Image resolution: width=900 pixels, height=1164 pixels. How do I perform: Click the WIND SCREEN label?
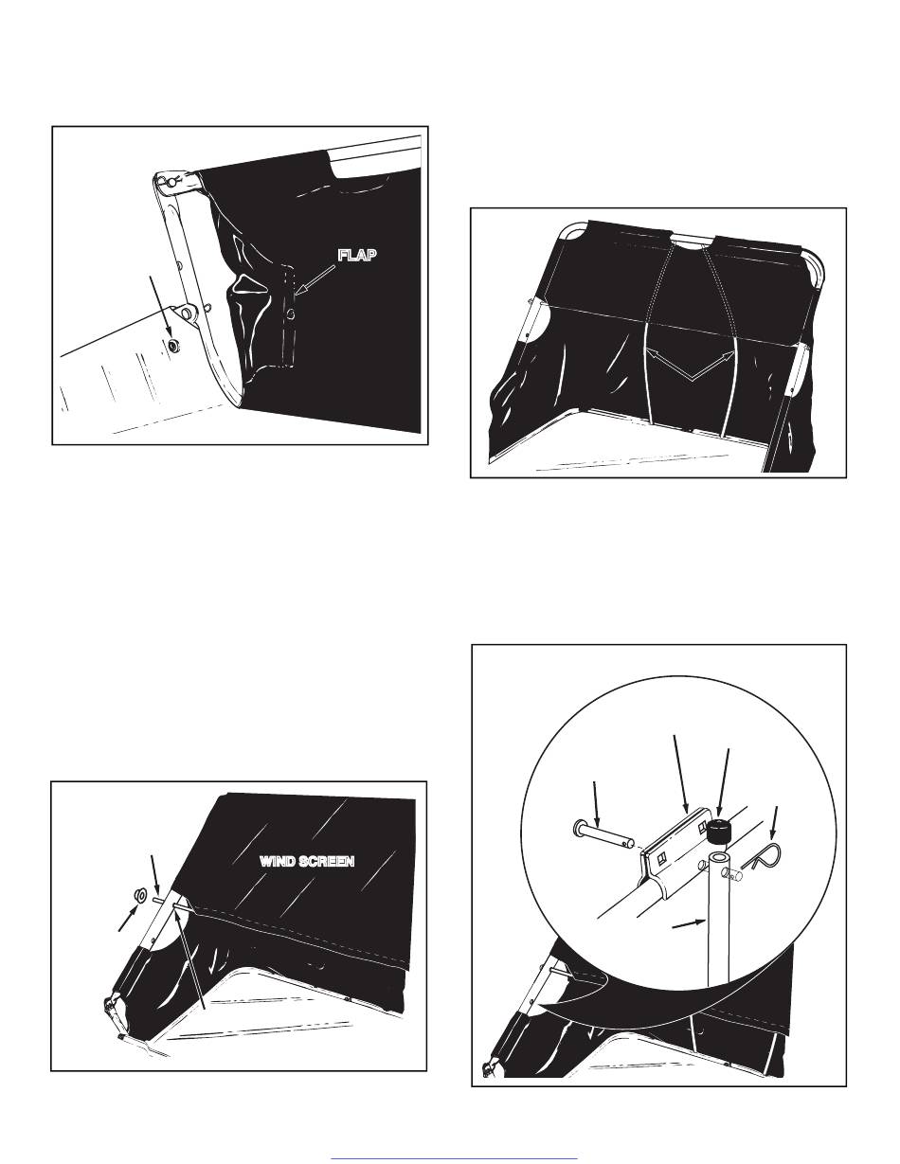(x=308, y=862)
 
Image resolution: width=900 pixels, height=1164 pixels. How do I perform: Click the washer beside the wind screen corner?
(x=135, y=894)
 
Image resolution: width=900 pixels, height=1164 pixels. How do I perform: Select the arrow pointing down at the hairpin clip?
(x=776, y=824)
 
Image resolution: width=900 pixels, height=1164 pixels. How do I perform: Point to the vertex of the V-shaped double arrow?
(x=691, y=378)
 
